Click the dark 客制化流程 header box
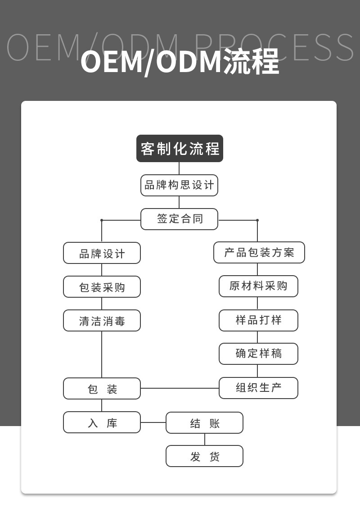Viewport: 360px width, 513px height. click(x=180, y=148)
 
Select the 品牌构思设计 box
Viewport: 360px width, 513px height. click(x=179, y=185)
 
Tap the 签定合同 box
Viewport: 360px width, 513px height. click(x=179, y=219)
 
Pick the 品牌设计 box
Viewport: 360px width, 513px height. click(x=102, y=253)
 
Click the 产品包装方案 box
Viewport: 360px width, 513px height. click(x=259, y=253)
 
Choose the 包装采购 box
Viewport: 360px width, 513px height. click(x=102, y=287)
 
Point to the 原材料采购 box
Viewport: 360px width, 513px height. click(x=258, y=286)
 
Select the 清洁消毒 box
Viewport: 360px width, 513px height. click(x=102, y=321)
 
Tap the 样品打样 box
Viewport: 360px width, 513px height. click(x=258, y=320)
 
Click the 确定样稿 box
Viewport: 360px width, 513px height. click(x=258, y=354)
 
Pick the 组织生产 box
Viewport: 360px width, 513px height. click(x=258, y=388)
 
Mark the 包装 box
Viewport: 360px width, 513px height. click(x=102, y=388)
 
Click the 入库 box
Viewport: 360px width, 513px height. click(x=102, y=422)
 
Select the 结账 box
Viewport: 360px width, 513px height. click(x=204, y=423)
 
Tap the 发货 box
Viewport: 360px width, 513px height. click(x=204, y=456)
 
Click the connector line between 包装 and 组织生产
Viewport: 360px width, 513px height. click(x=180, y=388)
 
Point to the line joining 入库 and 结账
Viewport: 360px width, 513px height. click(x=153, y=422)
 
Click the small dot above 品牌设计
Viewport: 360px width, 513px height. click(x=102, y=220)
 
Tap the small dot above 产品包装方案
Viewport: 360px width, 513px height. click(x=257, y=220)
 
